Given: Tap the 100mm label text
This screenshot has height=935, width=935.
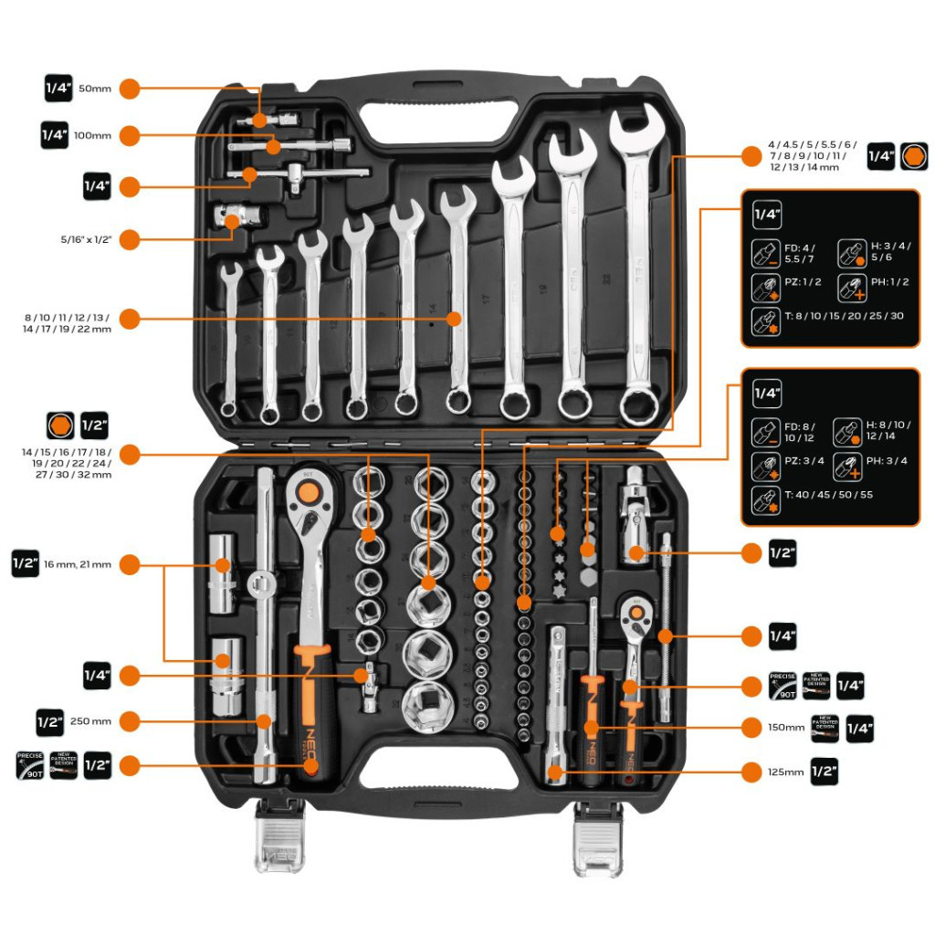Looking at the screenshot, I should [x=92, y=135].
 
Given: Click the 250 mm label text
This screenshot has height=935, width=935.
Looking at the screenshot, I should [x=90, y=720].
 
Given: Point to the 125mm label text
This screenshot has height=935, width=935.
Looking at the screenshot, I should [x=786, y=772].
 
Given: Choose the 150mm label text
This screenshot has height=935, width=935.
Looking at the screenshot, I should [x=786, y=728].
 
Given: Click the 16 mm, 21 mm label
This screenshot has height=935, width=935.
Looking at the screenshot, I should [x=78, y=564].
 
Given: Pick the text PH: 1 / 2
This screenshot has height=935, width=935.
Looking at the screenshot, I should [x=889, y=281].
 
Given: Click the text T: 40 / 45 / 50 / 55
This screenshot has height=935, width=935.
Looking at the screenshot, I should [x=829, y=496].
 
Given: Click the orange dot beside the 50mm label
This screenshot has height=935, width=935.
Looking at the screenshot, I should [x=130, y=89].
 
